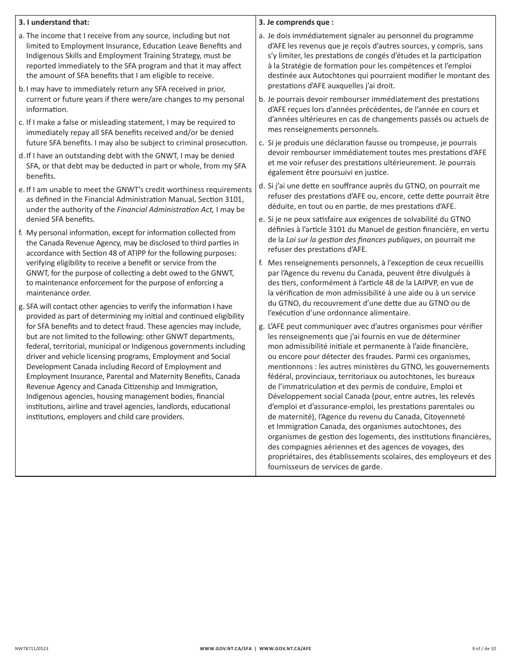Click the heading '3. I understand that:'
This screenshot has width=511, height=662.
pos(54,23)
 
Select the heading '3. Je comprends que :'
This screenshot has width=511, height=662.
pos(296,23)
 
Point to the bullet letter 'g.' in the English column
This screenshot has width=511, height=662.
pos(22,306)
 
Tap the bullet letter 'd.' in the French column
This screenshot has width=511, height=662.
pos(261,186)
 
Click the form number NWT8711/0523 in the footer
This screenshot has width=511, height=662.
pos(32,649)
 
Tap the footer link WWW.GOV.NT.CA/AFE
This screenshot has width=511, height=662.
pos(285,649)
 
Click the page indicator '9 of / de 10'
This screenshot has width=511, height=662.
pos(484,649)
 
